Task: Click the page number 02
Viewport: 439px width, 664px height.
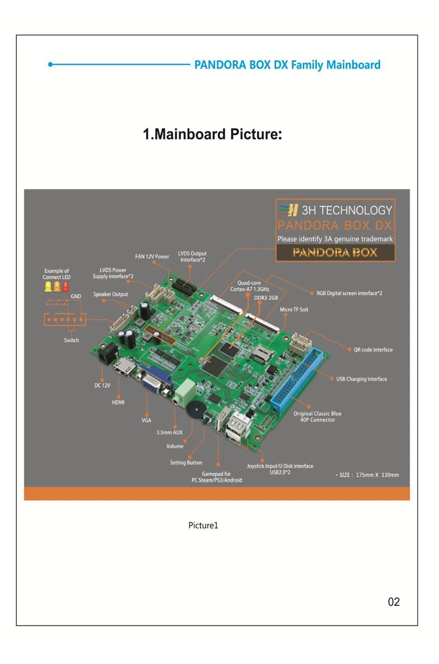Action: click(393, 602)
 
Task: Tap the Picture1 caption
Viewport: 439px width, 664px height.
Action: click(203, 525)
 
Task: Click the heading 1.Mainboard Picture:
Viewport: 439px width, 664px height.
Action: click(212, 134)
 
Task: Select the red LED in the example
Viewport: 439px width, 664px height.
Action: click(65, 287)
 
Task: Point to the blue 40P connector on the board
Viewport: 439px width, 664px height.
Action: click(296, 381)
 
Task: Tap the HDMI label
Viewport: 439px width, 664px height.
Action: click(118, 402)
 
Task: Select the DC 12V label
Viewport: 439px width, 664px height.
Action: click(102, 385)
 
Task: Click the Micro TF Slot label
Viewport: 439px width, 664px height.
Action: click(294, 309)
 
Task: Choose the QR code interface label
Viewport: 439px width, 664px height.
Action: click(373, 350)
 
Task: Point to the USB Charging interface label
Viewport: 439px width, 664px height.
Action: click(361, 379)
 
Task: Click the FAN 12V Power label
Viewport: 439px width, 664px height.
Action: click(152, 256)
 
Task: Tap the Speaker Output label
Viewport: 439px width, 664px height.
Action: click(111, 294)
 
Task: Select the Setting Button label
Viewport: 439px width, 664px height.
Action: click(186, 462)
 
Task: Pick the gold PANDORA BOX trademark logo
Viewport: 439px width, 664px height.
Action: click(335, 252)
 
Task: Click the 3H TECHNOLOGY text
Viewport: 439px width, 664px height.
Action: click(346, 210)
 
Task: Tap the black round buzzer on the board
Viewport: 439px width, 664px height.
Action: click(195, 410)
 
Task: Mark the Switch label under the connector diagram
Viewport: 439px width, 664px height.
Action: click(71, 340)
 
